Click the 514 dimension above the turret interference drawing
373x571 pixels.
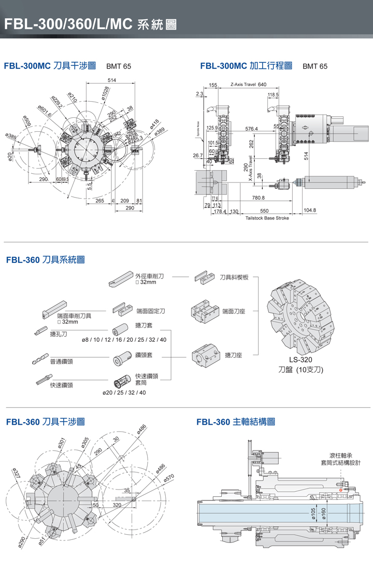tap(111, 79)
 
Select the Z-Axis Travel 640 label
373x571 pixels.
tap(248, 85)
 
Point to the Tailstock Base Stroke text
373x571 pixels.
tap(267, 218)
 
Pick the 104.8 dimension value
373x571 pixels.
tap(310, 210)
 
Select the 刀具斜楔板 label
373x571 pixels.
tap(234, 277)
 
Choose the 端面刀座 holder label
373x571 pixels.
tap(234, 311)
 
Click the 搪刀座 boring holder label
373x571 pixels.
tap(234, 355)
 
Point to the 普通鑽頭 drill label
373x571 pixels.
tap(61, 361)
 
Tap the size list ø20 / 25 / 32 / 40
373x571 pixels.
tap(124, 393)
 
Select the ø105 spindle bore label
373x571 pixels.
tap(313, 512)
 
